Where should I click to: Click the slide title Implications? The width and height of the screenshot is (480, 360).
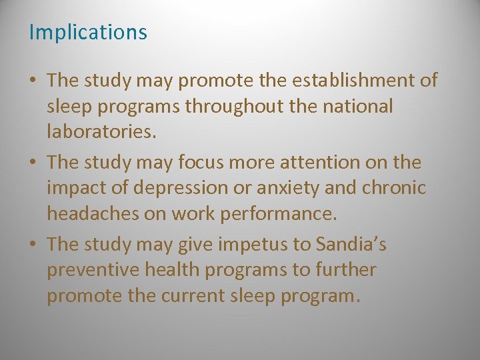(88, 32)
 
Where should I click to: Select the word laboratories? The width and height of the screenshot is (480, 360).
(101, 131)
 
